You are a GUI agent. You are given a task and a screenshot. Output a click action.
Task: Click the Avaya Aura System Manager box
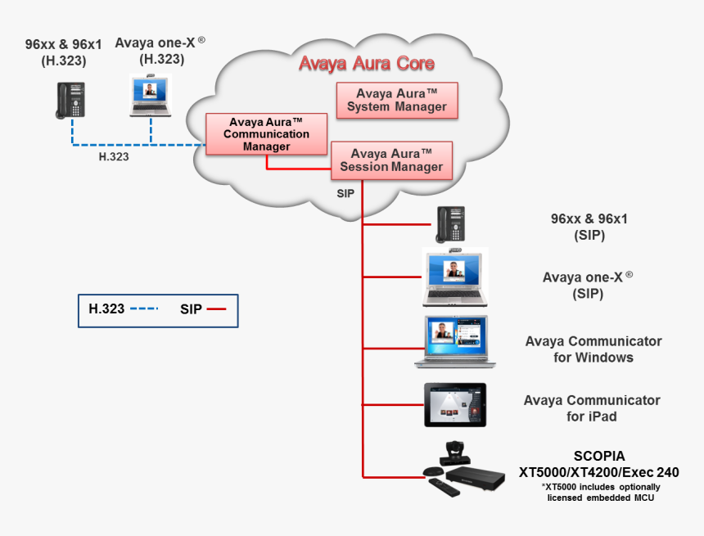397,100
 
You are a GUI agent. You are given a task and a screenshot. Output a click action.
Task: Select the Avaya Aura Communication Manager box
266,134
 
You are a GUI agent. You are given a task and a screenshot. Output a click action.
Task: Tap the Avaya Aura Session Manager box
390,160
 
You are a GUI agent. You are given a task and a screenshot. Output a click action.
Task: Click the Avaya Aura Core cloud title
366,63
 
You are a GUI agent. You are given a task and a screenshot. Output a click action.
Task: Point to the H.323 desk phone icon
70,100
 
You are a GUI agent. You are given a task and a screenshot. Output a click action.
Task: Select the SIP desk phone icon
450,224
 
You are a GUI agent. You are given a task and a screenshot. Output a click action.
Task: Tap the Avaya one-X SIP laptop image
454,277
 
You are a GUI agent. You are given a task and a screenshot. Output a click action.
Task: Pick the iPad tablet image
454,404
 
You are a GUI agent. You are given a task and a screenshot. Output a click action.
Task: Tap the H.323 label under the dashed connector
114,156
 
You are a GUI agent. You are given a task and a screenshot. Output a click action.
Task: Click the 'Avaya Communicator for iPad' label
592,408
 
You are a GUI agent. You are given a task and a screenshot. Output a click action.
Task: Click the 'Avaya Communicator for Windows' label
593,349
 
